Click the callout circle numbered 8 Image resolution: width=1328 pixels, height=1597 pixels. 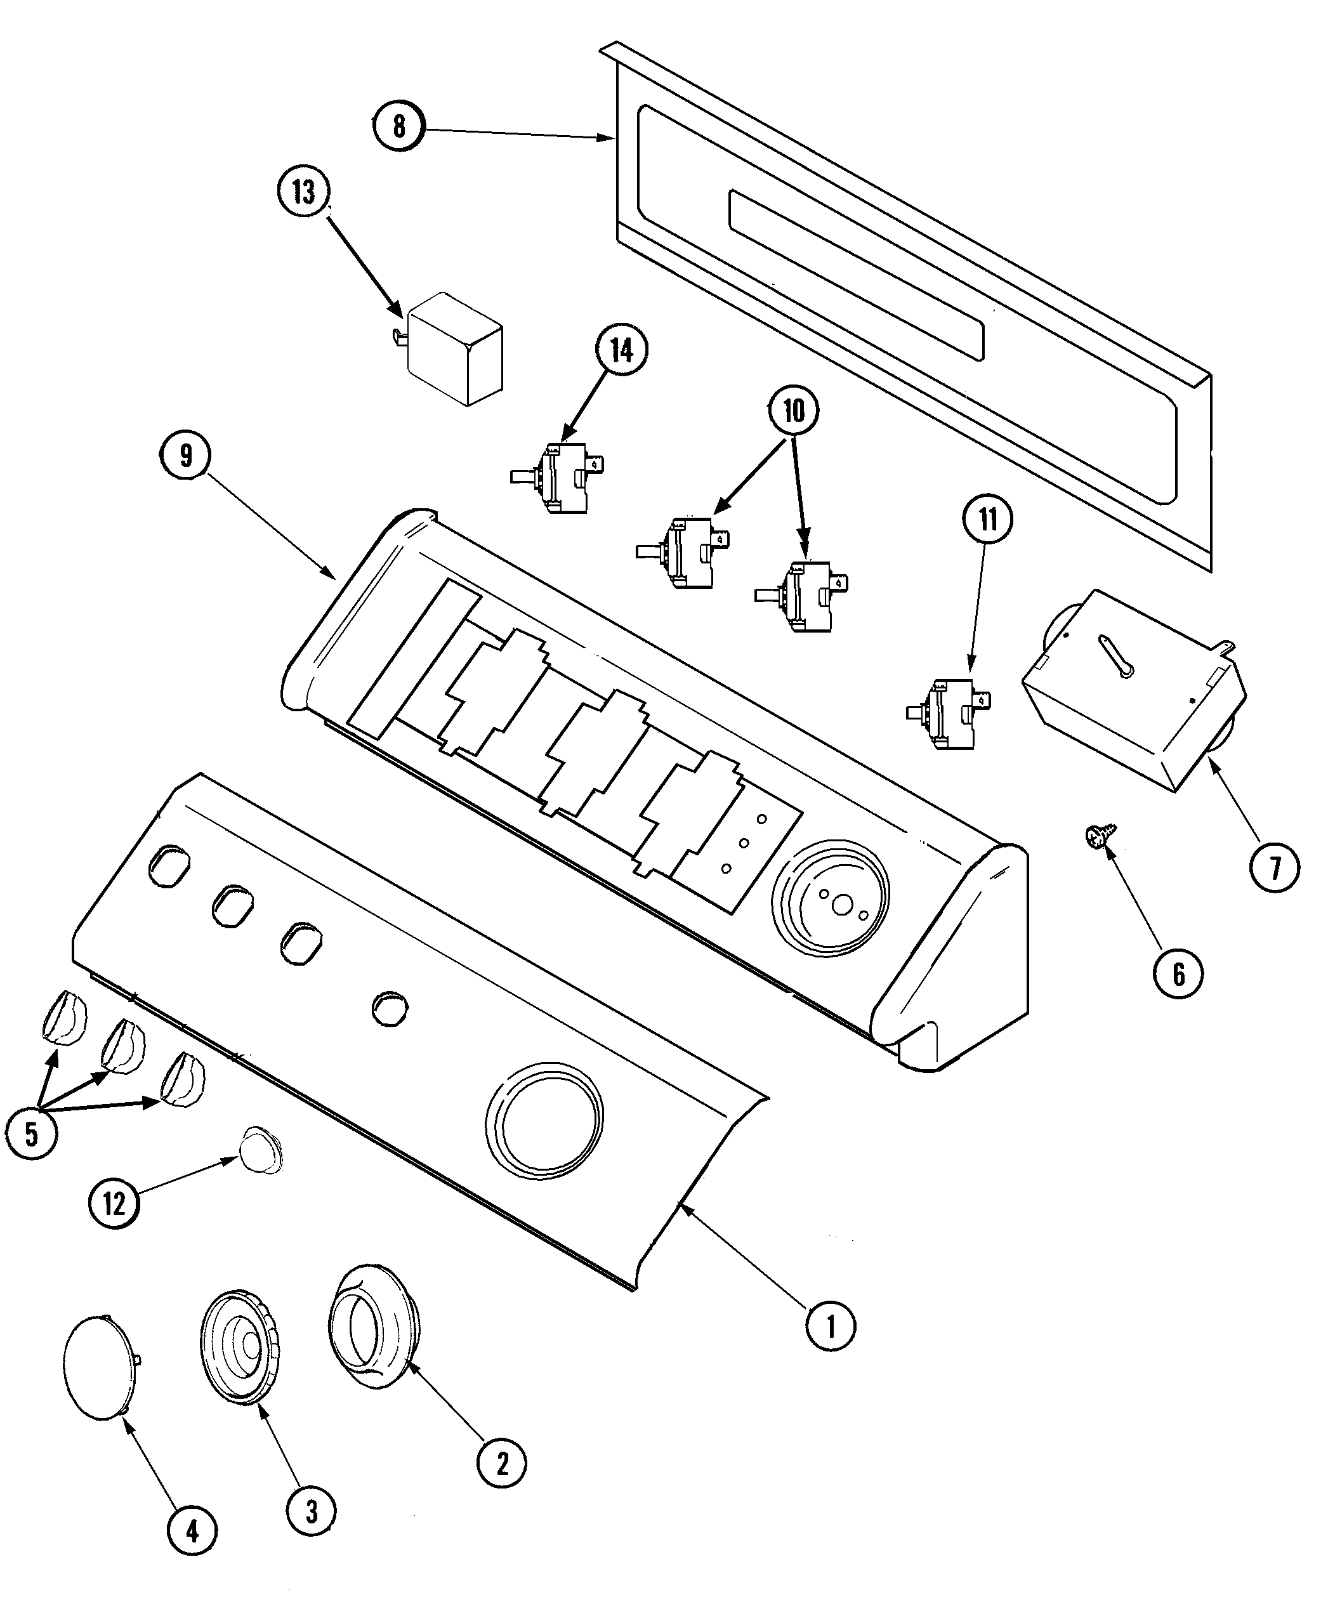(398, 126)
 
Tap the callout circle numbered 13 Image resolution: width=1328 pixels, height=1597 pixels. (303, 192)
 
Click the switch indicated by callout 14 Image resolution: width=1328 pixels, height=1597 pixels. (563, 477)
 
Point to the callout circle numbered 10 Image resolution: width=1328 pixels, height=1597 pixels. (793, 411)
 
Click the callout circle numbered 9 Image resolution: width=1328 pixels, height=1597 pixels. (185, 456)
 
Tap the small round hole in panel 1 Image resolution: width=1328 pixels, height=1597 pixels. (390, 1010)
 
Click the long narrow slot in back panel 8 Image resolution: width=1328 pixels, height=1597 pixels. (856, 275)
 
